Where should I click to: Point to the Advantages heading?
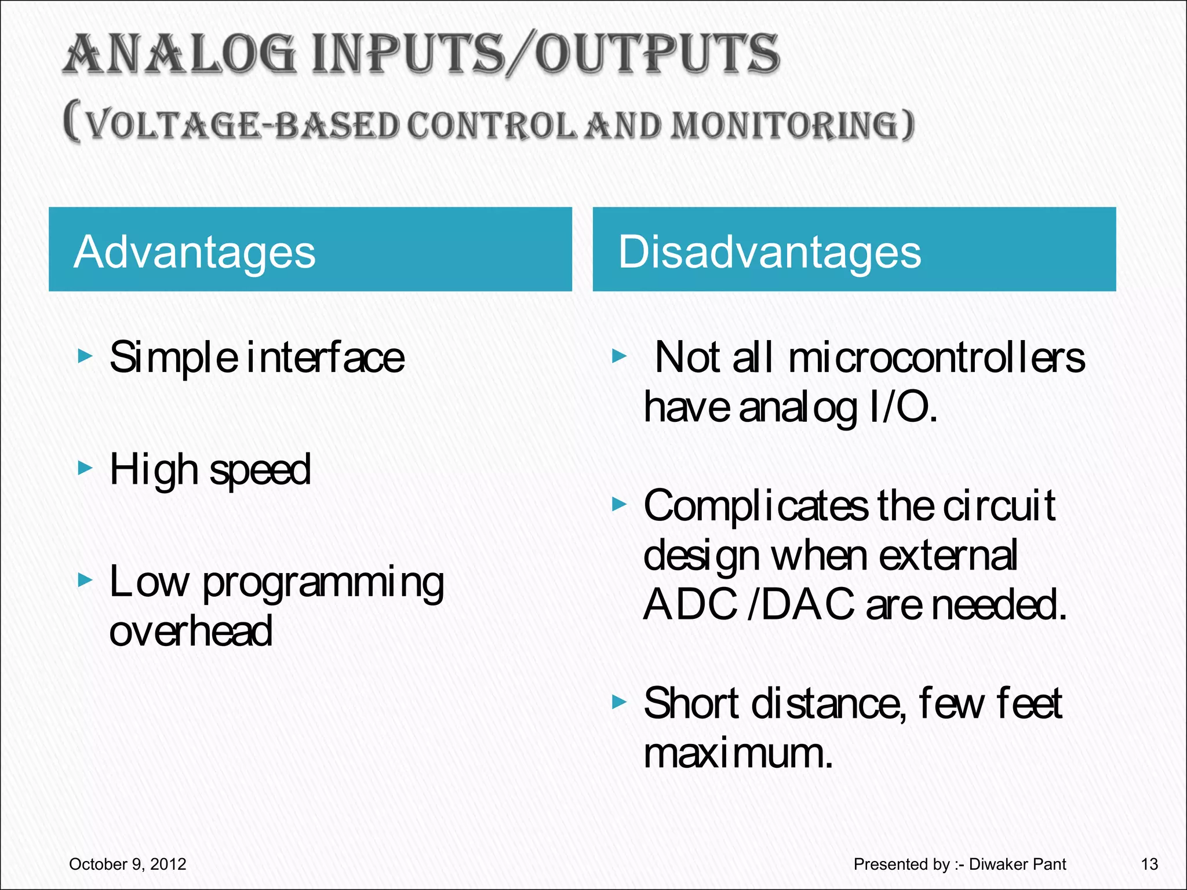(x=195, y=252)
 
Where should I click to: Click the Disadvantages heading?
(x=769, y=252)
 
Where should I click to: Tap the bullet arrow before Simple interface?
(x=85, y=356)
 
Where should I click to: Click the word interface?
(x=325, y=358)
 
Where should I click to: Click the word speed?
(x=260, y=470)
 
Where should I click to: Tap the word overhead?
(x=191, y=631)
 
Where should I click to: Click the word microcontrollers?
(x=936, y=358)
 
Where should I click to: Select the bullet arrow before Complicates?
(x=620, y=505)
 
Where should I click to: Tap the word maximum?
(x=738, y=753)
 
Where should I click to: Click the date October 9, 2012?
(x=128, y=864)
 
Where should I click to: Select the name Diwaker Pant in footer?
(x=1017, y=864)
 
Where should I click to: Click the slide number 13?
(x=1149, y=864)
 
